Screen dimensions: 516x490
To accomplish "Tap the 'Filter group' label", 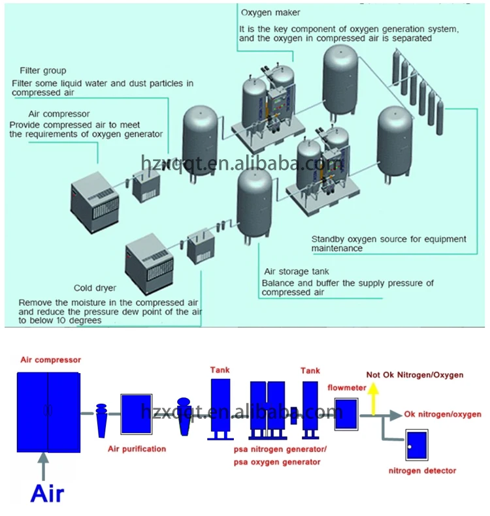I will coord(43,70).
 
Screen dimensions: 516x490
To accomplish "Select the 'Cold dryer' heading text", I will coord(95,288).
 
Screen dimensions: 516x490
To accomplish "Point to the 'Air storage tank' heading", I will coord(297,271).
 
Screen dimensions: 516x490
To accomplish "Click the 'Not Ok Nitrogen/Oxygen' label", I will coord(415,375).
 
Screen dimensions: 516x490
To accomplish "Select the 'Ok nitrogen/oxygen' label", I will coord(443,414).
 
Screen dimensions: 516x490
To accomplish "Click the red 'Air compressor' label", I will coord(50,359).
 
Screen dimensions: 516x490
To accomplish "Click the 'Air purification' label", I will coord(137,448).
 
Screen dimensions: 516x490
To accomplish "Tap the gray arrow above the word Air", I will coord(44,464).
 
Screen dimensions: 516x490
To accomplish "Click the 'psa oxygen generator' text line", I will coord(278,462).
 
